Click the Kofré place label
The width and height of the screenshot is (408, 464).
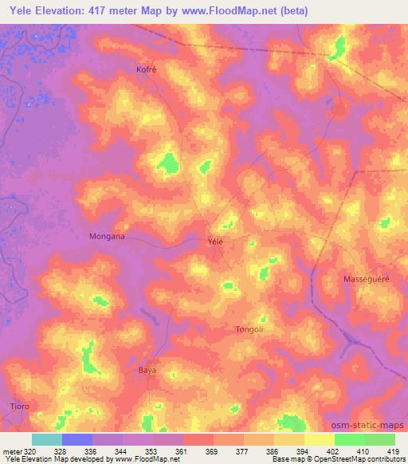tap(147, 69)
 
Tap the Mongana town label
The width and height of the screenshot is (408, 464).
tap(105, 237)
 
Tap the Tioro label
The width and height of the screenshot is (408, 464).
tap(20, 406)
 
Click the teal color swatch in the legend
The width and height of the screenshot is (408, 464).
tap(46, 439)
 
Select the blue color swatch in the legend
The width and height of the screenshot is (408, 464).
tap(76, 439)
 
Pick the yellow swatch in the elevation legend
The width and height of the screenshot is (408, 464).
tap(319, 439)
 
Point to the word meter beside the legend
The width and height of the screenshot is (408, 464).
tap(10, 451)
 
